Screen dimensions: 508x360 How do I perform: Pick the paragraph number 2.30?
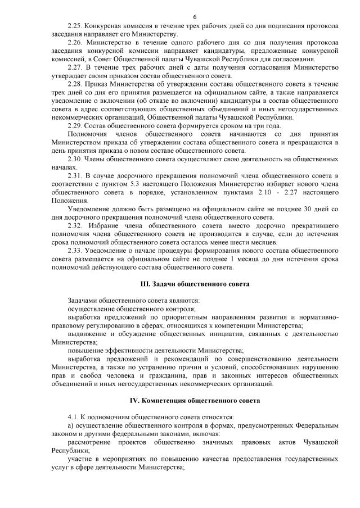[75, 159]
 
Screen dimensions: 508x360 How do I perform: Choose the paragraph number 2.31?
[75, 176]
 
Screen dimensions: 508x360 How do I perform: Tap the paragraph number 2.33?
[75, 250]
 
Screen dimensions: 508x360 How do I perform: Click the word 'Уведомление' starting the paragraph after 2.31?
[88, 209]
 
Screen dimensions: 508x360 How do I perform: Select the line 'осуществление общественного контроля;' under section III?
[132, 309]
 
